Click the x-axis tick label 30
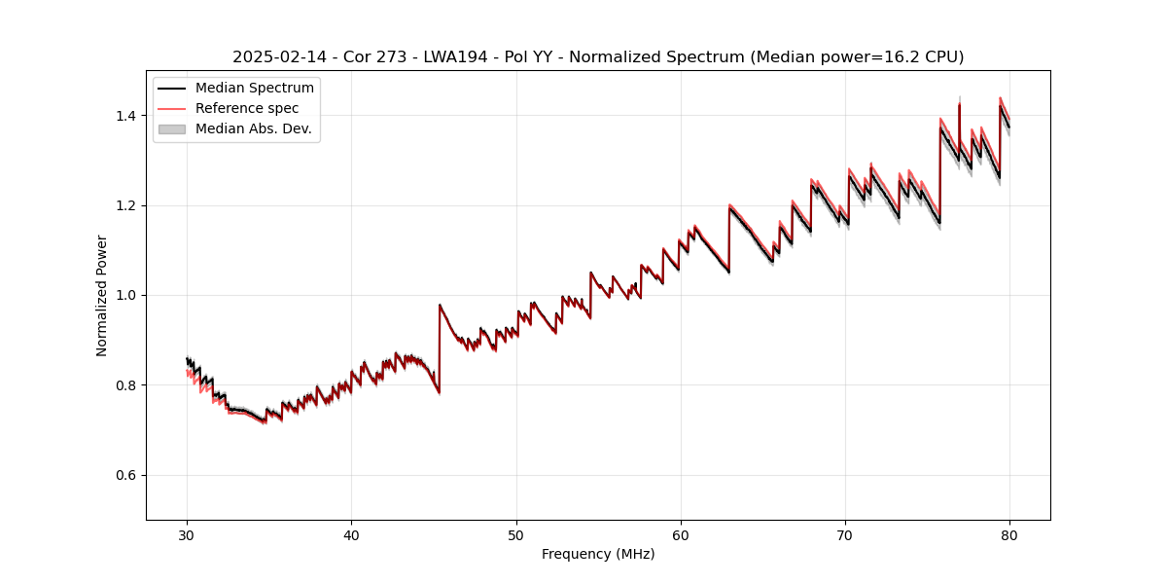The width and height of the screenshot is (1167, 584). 187,534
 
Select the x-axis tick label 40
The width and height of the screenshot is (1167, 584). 351,534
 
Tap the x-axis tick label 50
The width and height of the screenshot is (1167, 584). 515,534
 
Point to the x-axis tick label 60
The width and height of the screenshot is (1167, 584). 681,534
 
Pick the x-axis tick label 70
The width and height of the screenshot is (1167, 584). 845,534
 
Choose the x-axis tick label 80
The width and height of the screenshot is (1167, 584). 1009,534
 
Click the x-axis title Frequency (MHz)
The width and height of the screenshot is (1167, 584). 598,554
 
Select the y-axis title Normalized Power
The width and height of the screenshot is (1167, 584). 101,295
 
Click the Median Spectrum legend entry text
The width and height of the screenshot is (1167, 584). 254,89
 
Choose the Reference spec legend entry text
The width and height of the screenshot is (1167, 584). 247,108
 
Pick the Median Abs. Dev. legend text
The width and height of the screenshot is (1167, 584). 253,128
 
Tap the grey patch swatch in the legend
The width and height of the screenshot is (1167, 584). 171,128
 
